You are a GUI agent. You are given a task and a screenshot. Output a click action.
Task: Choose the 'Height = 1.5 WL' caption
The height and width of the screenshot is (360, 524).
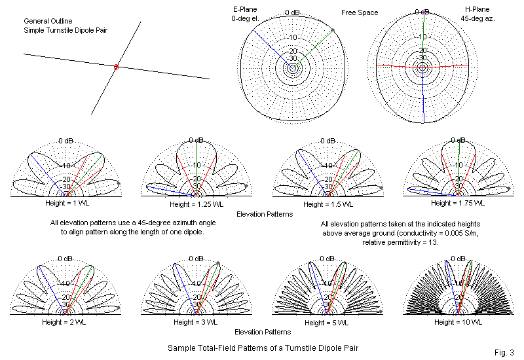(327, 204)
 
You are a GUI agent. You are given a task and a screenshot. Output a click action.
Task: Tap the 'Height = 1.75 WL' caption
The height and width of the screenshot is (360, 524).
(457, 204)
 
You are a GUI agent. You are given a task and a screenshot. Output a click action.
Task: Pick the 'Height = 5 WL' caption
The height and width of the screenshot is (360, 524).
(327, 322)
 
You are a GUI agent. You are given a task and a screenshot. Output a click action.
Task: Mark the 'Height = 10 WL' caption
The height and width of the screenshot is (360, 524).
(457, 322)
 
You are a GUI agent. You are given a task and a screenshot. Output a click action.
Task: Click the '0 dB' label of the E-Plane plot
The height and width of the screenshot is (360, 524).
(293, 12)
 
